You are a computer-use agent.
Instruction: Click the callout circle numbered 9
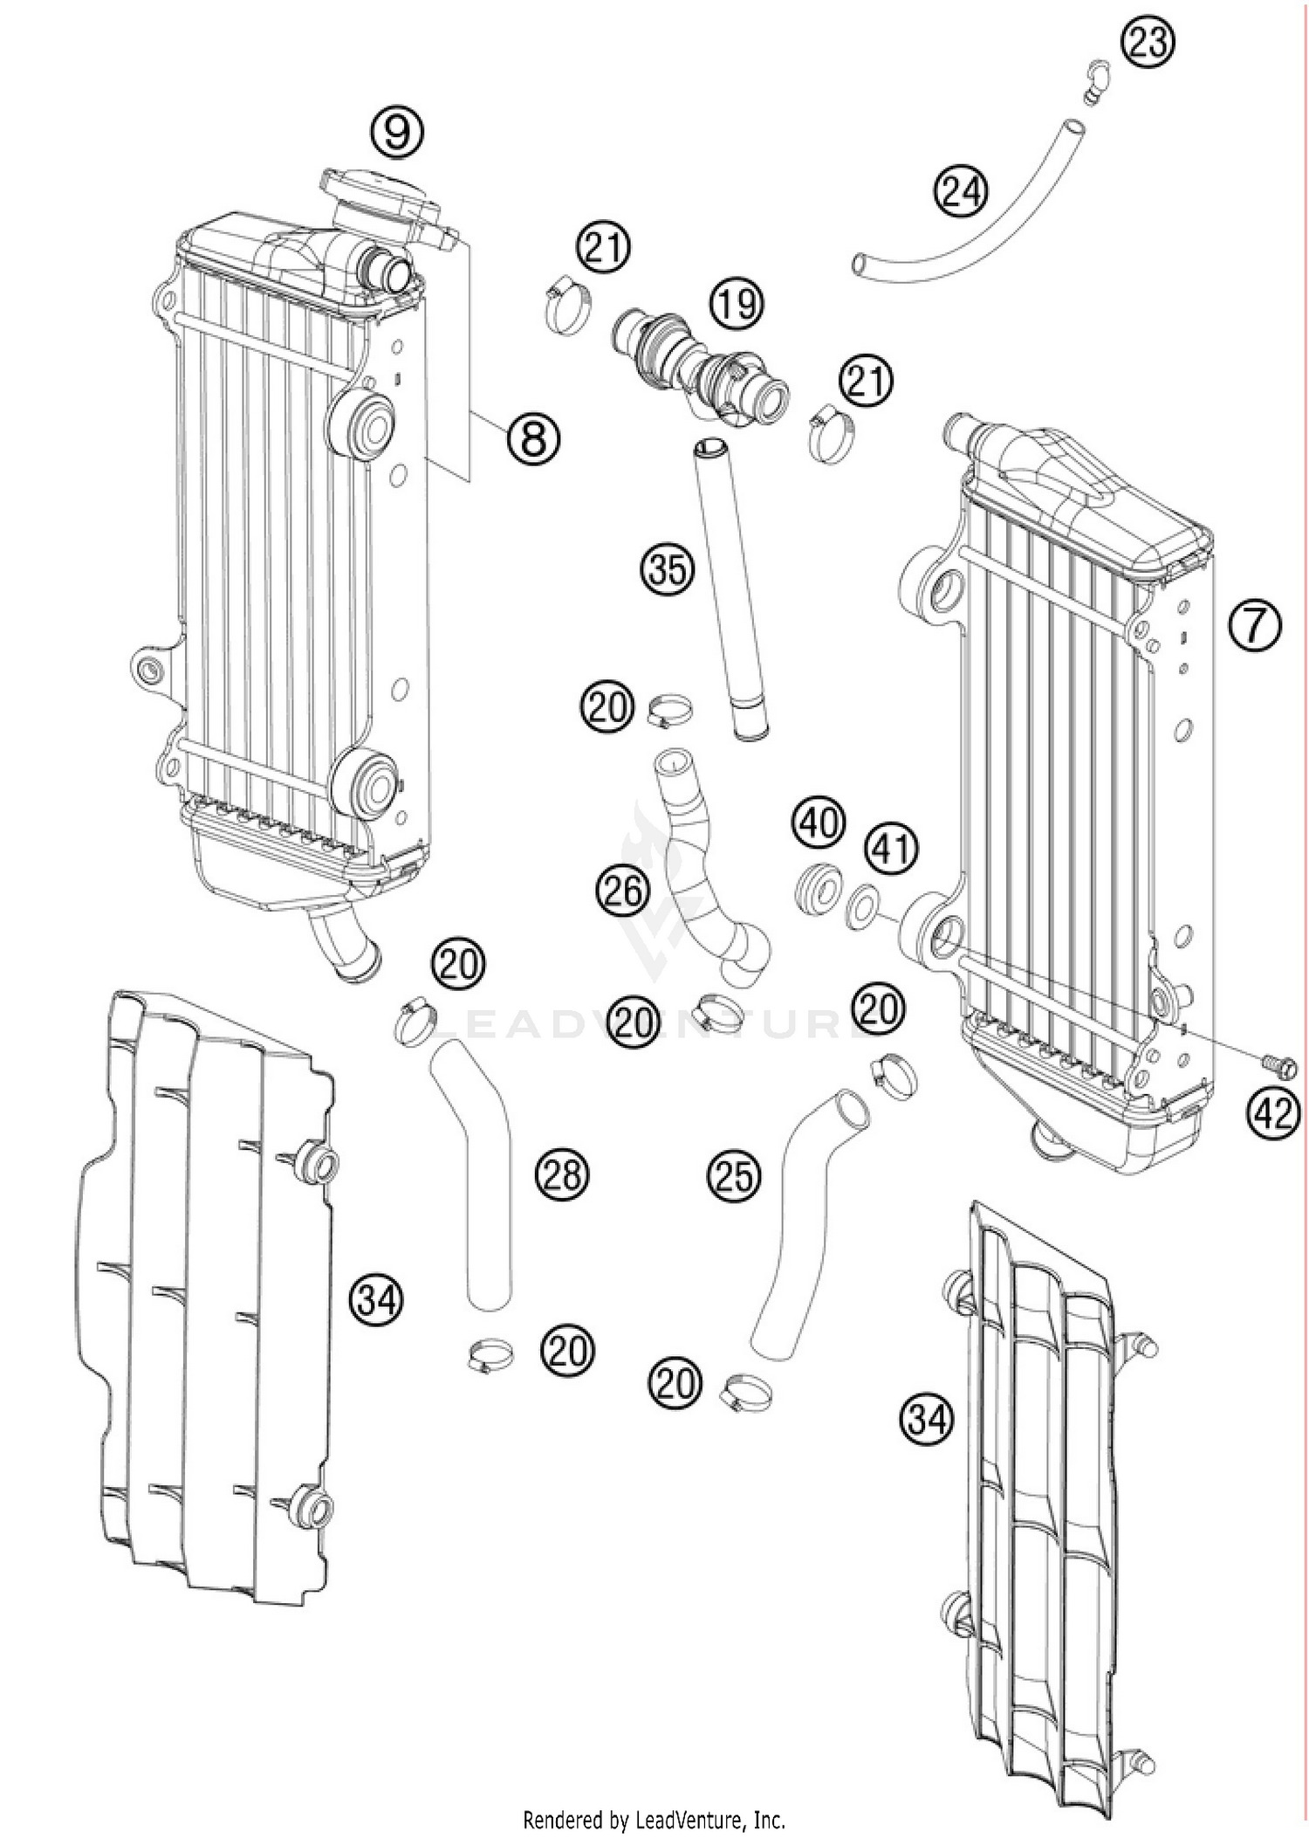tap(396, 133)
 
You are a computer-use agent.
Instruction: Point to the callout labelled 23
tap(1148, 41)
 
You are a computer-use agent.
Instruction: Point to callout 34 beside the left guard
tap(378, 1302)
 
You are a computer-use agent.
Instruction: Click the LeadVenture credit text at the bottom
tap(654, 1820)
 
